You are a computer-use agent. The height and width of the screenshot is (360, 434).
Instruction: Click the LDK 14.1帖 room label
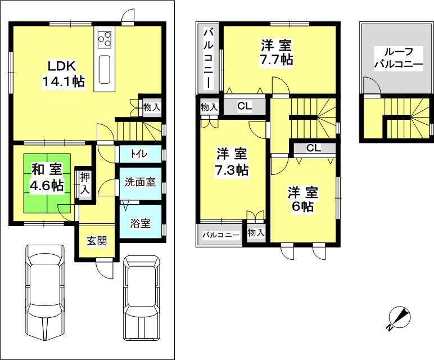tap(63, 73)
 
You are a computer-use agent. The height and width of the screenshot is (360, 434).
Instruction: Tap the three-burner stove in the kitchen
tap(105, 39)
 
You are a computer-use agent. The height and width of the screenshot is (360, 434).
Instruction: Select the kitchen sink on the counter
tap(105, 68)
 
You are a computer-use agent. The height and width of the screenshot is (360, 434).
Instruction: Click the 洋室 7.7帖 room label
tap(276, 52)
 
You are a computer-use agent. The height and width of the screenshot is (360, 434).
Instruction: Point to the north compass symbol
tap(400, 319)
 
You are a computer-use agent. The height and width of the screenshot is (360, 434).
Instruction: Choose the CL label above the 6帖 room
tap(314, 148)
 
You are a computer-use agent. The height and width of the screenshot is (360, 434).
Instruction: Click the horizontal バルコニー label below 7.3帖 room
tap(221, 235)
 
